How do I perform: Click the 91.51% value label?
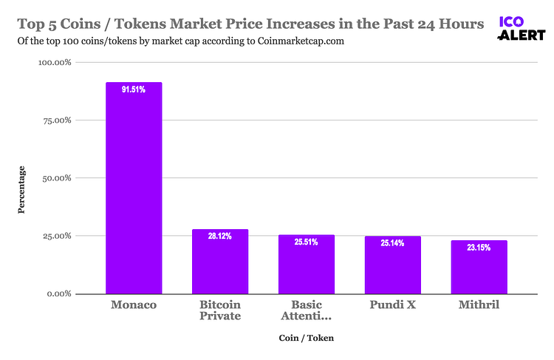coord(134,89)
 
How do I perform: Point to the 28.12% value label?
coord(220,237)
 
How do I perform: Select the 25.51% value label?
coord(307,242)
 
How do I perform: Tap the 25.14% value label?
coord(392,243)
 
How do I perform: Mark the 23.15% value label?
coord(479,248)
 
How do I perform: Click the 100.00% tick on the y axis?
coord(54,63)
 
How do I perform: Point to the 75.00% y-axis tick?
coord(55,120)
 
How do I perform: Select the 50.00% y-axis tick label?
coord(55,178)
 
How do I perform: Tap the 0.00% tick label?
coord(58,294)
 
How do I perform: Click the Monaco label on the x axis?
coord(134,305)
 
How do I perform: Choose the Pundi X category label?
coord(392,305)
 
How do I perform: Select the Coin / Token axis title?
coord(307,339)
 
